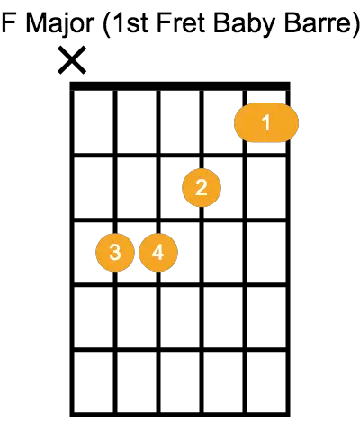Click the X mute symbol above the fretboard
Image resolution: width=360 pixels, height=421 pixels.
click(72, 60)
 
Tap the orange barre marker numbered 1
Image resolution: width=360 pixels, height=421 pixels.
click(266, 122)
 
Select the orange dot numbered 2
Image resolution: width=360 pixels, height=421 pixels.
click(202, 188)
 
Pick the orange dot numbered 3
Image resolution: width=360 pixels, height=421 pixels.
click(115, 253)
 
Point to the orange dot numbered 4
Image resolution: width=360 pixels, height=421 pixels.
click(158, 253)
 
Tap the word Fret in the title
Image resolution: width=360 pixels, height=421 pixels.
click(181, 23)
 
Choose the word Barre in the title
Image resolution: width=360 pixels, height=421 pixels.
click(316, 23)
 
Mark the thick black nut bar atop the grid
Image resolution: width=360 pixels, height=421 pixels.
click(180, 85)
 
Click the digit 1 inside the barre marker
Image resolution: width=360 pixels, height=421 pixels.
click(266, 122)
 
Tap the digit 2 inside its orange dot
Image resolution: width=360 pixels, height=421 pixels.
click(202, 188)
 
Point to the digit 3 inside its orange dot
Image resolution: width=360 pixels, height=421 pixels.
click(115, 253)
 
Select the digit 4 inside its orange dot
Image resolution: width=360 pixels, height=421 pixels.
click(158, 253)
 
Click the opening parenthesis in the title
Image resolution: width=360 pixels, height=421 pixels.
click(107, 25)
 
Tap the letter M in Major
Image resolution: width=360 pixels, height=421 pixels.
click(36, 22)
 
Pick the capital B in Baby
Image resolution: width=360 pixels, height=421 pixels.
click(221, 22)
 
